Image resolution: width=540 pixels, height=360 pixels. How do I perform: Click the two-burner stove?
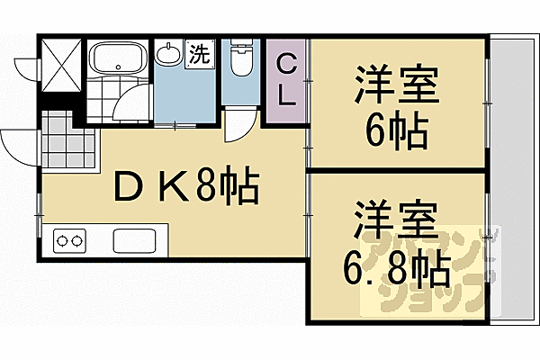point(69,241)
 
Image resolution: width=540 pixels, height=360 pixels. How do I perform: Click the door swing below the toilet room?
point(238,123)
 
